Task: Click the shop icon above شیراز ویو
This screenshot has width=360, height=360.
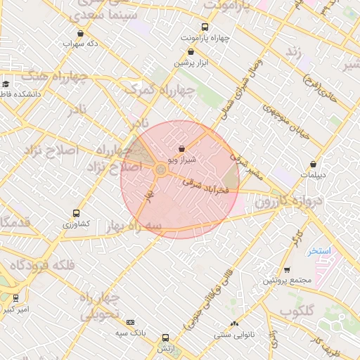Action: click(x=183, y=148)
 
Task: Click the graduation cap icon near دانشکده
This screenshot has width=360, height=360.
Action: click(x=6, y=84)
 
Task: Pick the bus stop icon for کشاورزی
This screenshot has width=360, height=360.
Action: click(x=77, y=213)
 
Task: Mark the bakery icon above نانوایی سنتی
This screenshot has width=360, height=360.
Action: click(x=235, y=323)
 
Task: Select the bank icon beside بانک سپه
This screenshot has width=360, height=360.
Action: click(x=130, y=322)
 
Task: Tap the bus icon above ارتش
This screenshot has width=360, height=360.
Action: click(x=165, y=337)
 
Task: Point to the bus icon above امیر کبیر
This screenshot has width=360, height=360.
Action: click(x=16, y=298)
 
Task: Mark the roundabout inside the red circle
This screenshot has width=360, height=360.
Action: click(x=161, y=170)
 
